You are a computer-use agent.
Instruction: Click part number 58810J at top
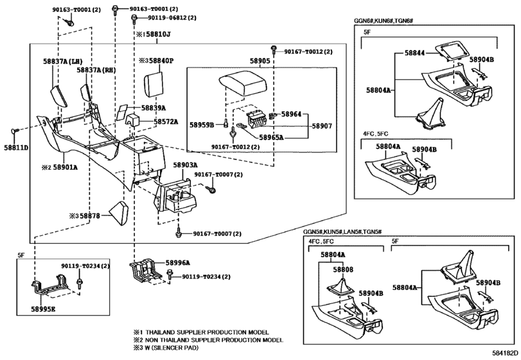tap(159, 34)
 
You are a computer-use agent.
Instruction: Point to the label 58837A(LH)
tap(63, 61)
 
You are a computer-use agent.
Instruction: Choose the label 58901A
tap(66, 167)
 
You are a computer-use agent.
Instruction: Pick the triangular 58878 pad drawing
tap(118, 212)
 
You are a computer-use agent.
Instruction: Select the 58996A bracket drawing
tap(145, 269)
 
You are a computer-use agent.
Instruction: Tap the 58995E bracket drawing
tap(53, 286)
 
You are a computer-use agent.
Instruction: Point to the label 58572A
tap(166, 122)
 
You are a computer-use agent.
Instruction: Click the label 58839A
tap(154, 108)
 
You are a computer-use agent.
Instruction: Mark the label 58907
tap(322, 126)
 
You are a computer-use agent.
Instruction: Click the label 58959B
tap(202, 125)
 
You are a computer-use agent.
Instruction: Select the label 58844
tap(414, 53)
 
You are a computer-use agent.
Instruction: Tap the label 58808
tap(343, 269)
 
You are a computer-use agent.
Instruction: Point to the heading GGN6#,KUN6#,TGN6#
tap(384, 21)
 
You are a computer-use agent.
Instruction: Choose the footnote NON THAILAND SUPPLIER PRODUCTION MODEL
tap(215, 339)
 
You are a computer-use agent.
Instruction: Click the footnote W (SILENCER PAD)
tap(172, 348)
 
